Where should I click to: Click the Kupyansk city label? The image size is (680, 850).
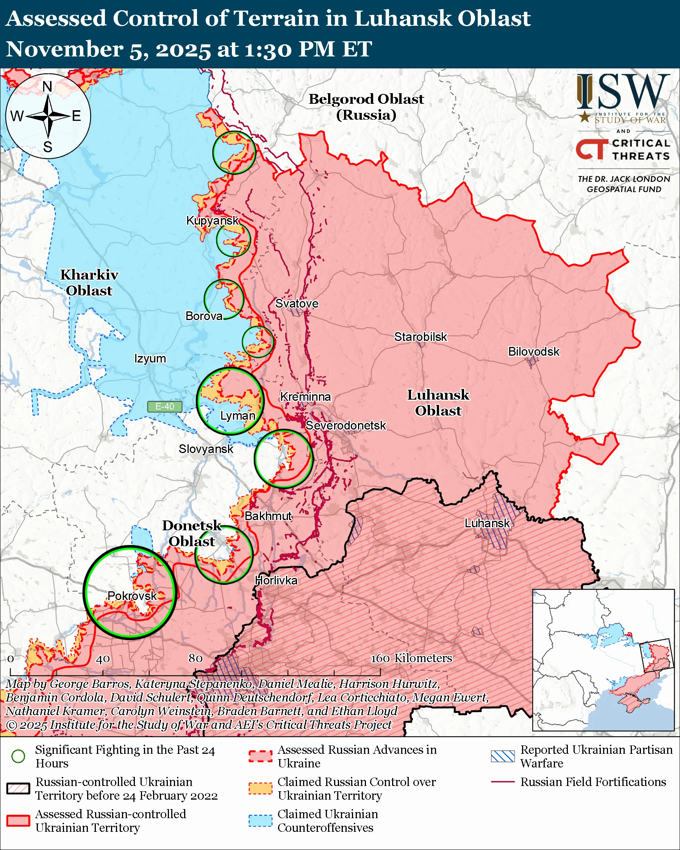213,220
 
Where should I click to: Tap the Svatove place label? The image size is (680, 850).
297,303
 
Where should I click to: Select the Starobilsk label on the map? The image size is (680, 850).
421,337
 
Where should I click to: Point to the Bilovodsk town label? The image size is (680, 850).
533,352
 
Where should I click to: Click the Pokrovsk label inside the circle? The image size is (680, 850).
132,596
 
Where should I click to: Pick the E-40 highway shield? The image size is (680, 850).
164,406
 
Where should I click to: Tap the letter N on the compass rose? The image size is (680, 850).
47,87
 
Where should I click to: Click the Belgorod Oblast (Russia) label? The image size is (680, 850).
366,107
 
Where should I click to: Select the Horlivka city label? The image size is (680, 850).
276,580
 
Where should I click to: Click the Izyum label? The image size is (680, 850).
150,359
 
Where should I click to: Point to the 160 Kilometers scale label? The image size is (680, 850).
411,658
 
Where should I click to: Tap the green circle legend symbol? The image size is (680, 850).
18,756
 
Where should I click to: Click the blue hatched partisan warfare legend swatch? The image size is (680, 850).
503,756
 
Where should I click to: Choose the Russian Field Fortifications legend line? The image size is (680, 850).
503,782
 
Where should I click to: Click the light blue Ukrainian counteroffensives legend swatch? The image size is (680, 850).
260,820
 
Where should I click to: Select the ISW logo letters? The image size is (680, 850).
623,92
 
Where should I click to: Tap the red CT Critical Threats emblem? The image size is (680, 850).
592,149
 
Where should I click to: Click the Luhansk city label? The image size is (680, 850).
487,523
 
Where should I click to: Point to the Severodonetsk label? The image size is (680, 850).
346,426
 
